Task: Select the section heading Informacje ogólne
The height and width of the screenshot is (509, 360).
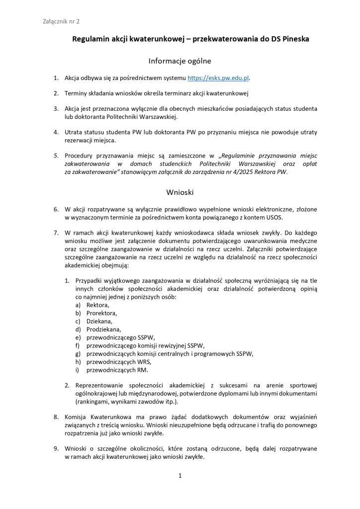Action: [x=180, y=61]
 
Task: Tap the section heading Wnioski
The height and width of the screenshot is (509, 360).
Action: [x=180, y=190]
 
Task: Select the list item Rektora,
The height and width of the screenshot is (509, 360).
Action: [x=97, y=304]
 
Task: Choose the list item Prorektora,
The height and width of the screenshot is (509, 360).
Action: [x=102, y=313]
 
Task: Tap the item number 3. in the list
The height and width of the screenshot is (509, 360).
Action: [x=56, y=108]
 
